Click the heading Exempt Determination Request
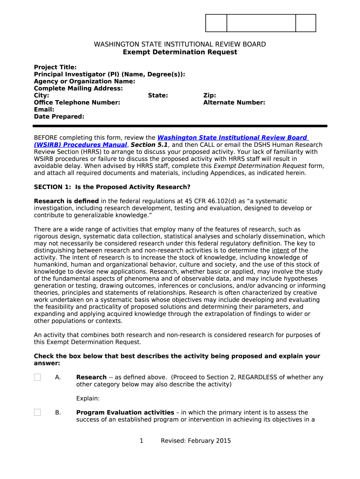click(x=180, y=52)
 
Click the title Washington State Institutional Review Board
click(x=180, y=44)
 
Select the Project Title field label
click(x=55, y=67)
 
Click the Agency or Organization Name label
click(x=85, y=81)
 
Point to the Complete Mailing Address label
click(x=79, y=88)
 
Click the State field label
click(x=158, y=95)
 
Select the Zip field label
click(x=209, y=95)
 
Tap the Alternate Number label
click(x=234, y=102)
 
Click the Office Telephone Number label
click(x=77, y=102)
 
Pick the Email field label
click(x=44, y=109)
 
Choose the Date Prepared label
click(x=59, y=116)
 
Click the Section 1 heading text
click(x=112, y=187)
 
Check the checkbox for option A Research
click(x=37, y=377)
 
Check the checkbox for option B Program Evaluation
click(x=37, y=413)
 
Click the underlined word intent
click(x=281, y=251)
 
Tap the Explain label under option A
click(x=88, y=399)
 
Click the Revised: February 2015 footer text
click(x=195, y=441)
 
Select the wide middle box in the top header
click(x=261, y=23)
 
